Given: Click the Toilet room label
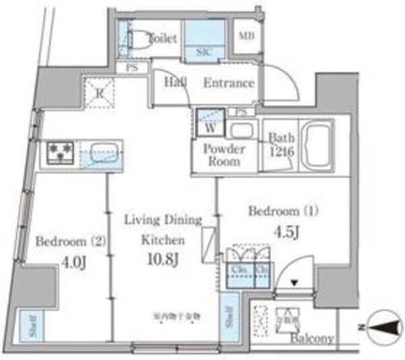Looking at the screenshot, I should (162, 38).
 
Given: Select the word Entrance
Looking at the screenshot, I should (229, 84).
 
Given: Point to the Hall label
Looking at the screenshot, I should (176, 82).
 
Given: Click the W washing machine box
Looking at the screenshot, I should (209, 125).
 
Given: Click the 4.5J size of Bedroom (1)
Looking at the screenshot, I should (282, 232).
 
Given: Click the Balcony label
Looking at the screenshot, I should (312, 338).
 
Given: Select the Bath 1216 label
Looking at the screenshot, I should (280, 144).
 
